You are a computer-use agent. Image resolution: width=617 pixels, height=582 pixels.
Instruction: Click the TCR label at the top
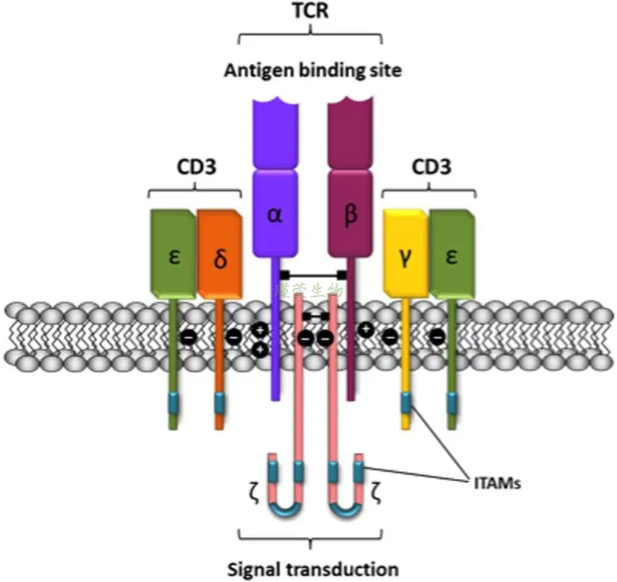tap(310, 12)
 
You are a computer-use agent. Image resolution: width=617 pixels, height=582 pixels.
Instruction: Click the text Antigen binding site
tap(312, 70)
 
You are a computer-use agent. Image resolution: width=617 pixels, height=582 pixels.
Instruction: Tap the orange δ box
tap(220, 258)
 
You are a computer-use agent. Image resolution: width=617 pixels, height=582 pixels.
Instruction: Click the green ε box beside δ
tap(173, 255)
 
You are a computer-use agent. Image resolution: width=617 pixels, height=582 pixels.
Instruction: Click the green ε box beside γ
tap(451, 255)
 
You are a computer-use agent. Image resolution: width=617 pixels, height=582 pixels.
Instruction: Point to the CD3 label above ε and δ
tap(195, 168)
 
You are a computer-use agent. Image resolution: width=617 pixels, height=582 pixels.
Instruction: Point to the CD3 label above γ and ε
tap(429, 168)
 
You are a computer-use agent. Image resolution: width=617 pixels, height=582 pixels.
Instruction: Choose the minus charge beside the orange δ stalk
tap(234, 337)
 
